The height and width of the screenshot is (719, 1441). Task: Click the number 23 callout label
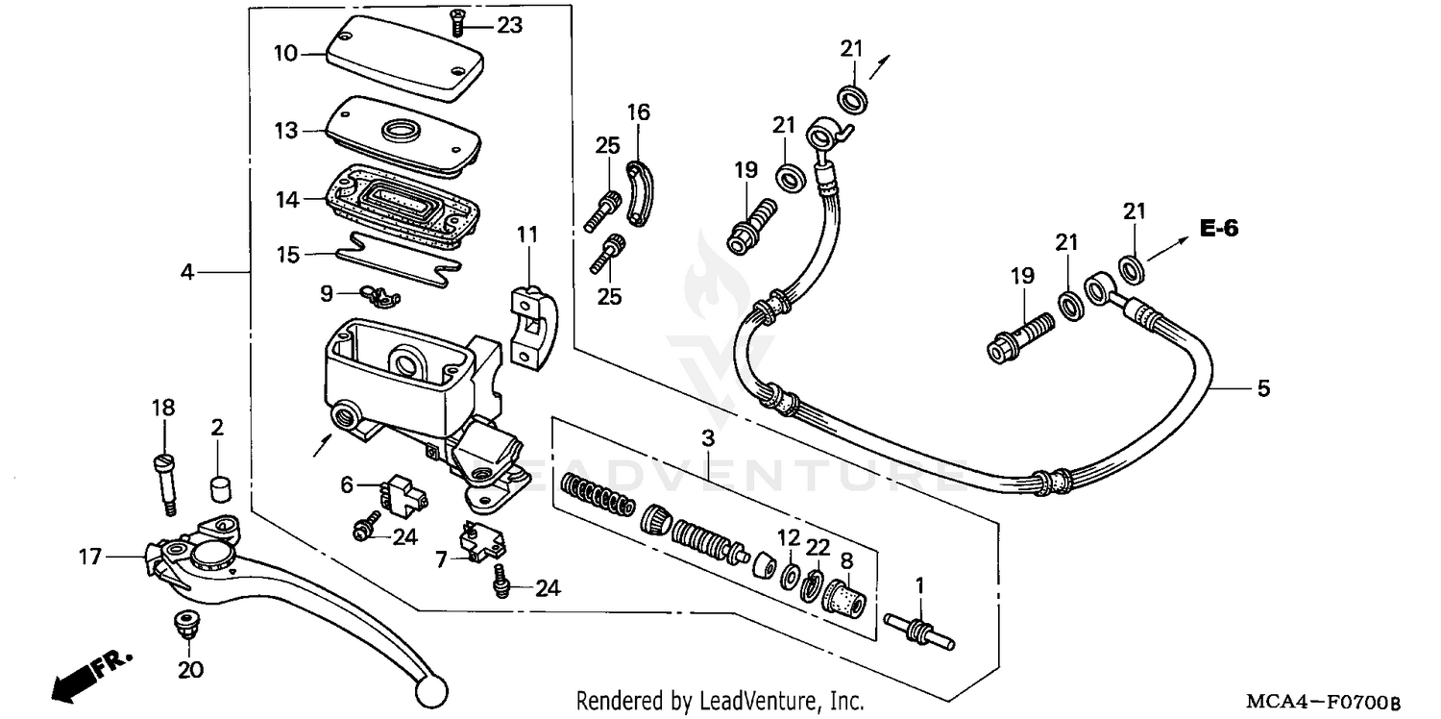click(509, 25)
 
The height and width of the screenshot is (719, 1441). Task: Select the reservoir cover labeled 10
click(403, 58)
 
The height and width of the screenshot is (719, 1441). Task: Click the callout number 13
click(285, 131)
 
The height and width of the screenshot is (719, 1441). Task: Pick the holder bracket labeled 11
click(533, 322)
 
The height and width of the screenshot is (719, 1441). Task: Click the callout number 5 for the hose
click(1263, 388)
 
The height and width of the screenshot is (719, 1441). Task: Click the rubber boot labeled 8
click(845, 600)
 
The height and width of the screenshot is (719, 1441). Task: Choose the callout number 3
click(708, 439)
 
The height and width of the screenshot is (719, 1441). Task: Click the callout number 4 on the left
click(187, 273)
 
